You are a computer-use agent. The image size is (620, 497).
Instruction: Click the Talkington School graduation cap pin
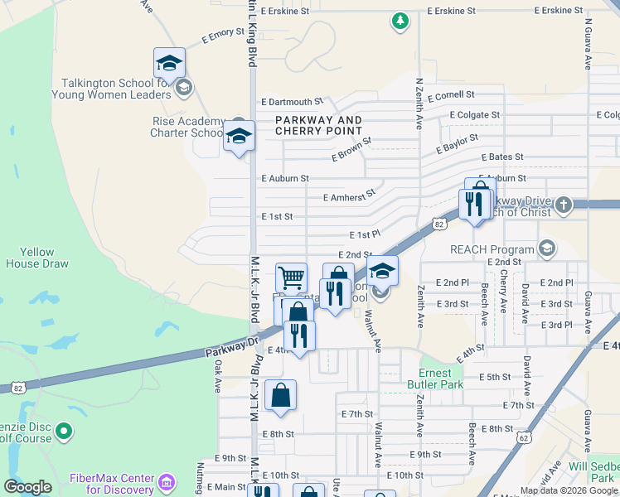pos(169,64)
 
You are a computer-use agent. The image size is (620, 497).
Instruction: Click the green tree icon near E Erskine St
pos(400,21)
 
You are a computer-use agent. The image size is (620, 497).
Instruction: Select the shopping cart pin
pos(291,277)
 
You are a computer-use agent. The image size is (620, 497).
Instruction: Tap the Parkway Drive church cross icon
pos(563,205)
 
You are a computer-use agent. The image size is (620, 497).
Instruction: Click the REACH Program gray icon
pos(546,248)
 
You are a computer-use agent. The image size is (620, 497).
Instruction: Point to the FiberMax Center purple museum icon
pos(167,480)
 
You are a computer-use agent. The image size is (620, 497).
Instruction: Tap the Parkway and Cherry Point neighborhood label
pos(318,126)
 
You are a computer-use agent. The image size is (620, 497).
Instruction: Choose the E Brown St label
pos(351,150)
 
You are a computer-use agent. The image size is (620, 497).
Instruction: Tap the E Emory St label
pos(224,36)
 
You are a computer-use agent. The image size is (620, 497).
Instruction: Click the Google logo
pos(28,488)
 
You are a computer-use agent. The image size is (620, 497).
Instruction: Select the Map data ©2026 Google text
pos(569,490)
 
